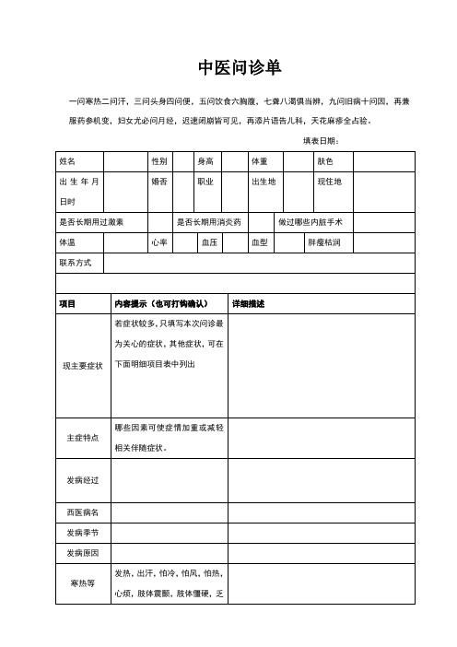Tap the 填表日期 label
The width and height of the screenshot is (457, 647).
(x=322, y=140)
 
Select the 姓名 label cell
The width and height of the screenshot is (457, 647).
(x=67, y=161)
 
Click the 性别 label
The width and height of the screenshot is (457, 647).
(x=159, y=161)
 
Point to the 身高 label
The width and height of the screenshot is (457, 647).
(x=205, y=161)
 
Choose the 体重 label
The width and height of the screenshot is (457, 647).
(x=260, y=161)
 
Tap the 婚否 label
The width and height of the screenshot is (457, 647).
(x=159, y=182)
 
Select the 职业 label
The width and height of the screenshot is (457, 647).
(x=205, y=182)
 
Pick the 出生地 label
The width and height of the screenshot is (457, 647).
(x=264, y=182)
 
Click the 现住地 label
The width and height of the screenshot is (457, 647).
(x=329, y=182)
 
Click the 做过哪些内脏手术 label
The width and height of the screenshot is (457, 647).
(x=311, y=222)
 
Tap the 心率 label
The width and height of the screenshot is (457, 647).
(x=159, y=242)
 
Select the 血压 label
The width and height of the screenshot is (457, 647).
(x=209, y=242)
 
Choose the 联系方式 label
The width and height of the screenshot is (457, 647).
(x=76, y=263)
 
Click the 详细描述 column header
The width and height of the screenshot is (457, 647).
(x=247, y=303)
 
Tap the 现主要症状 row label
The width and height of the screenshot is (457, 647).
(x=83, y=366)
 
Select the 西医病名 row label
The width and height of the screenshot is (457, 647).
(x=83, y=512)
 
